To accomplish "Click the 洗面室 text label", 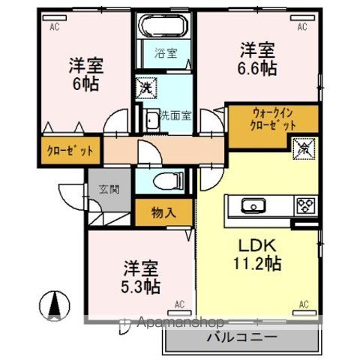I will click(175, 116).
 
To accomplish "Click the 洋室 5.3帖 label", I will click(141, 277).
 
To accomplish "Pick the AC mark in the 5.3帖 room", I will click(179, 304).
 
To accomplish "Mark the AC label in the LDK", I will click(304, 304).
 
